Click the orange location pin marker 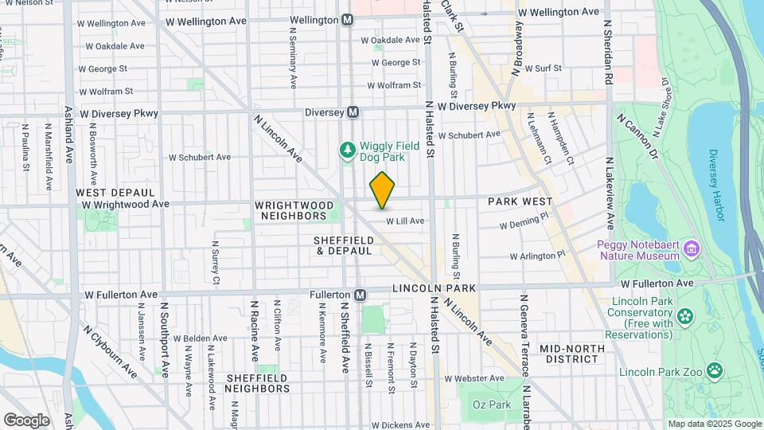(x=382, y=190)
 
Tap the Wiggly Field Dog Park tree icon (x=347, y=150)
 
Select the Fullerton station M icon (x=360, y=295)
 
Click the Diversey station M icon (x=353, y=112)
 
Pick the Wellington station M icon (x=347, y=20)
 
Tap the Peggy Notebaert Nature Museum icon (x=691, y=249)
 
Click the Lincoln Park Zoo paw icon (x=715, y=369)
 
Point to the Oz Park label (x=490, y=405)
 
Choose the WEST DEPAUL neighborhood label (x=115, y=193)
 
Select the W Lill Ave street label (x=406, y=221)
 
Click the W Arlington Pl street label (x=538, y=255)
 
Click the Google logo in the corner (x=26, y=420)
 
